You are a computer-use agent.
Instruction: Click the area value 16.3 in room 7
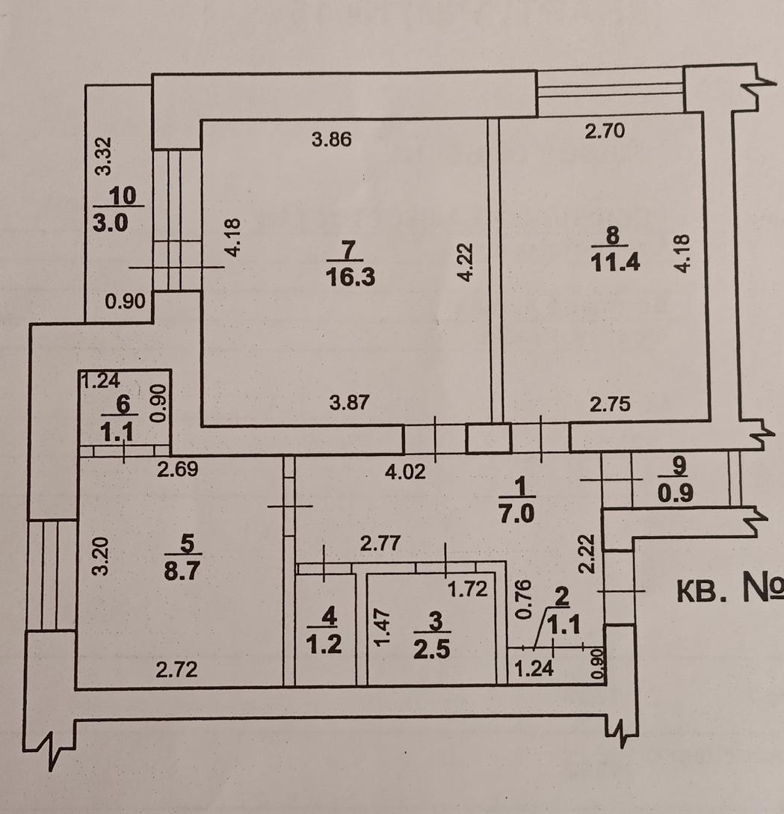(350, 277)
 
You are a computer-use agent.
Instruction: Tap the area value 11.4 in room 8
(615, 262)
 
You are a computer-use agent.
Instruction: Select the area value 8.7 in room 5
(182, 570)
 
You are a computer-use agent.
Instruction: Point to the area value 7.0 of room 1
(516, 514)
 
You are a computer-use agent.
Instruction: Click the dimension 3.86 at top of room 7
(332, 139)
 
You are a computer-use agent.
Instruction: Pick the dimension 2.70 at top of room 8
(605, 131)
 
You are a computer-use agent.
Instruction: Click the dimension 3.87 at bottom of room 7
(350, 402)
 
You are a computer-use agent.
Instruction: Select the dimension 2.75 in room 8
(610, 404)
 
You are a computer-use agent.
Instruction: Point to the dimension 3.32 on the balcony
(104, 155)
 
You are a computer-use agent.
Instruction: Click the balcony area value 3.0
(110, 223)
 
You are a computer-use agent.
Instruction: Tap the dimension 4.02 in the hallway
(405, 472)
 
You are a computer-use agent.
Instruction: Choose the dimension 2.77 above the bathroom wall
(380, 543)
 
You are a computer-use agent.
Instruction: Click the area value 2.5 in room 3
(432, 650)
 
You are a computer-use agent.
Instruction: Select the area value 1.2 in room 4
(324, 645)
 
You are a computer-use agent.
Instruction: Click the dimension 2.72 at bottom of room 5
(176, 670)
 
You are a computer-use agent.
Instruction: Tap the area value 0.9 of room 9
(676, 493)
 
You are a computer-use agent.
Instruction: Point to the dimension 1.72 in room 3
(468, 589)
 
